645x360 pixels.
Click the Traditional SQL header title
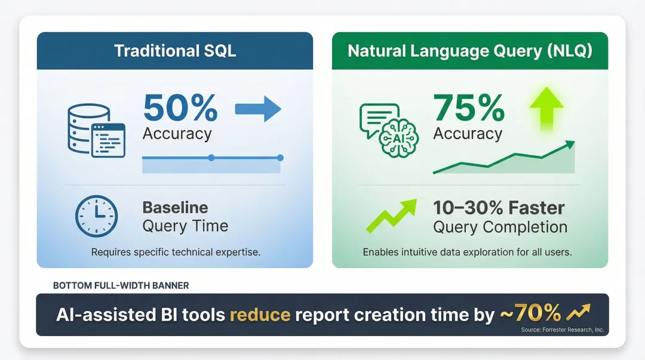coord(175,50)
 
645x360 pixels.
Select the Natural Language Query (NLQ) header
coord(470,50)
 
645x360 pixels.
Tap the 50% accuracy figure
coord(180,108)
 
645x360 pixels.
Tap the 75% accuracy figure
coord(469,108)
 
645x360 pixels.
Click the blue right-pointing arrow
coord(258,109)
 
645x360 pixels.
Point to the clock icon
coord(96,216)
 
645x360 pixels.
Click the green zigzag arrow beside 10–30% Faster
coord(391,216)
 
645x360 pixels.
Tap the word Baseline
coord(175,208)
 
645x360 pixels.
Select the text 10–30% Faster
coord(499,208)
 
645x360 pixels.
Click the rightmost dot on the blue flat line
coord(280,158)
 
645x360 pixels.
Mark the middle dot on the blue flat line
coord(211,158)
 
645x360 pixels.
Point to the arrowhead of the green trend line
coord(570,144)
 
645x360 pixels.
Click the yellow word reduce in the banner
coord(260,314)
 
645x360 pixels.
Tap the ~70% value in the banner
coord(529,312)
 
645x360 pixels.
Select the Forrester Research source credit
coord(561,329)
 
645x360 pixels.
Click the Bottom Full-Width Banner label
coord(121,285)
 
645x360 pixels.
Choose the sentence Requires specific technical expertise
coord(176,252)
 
